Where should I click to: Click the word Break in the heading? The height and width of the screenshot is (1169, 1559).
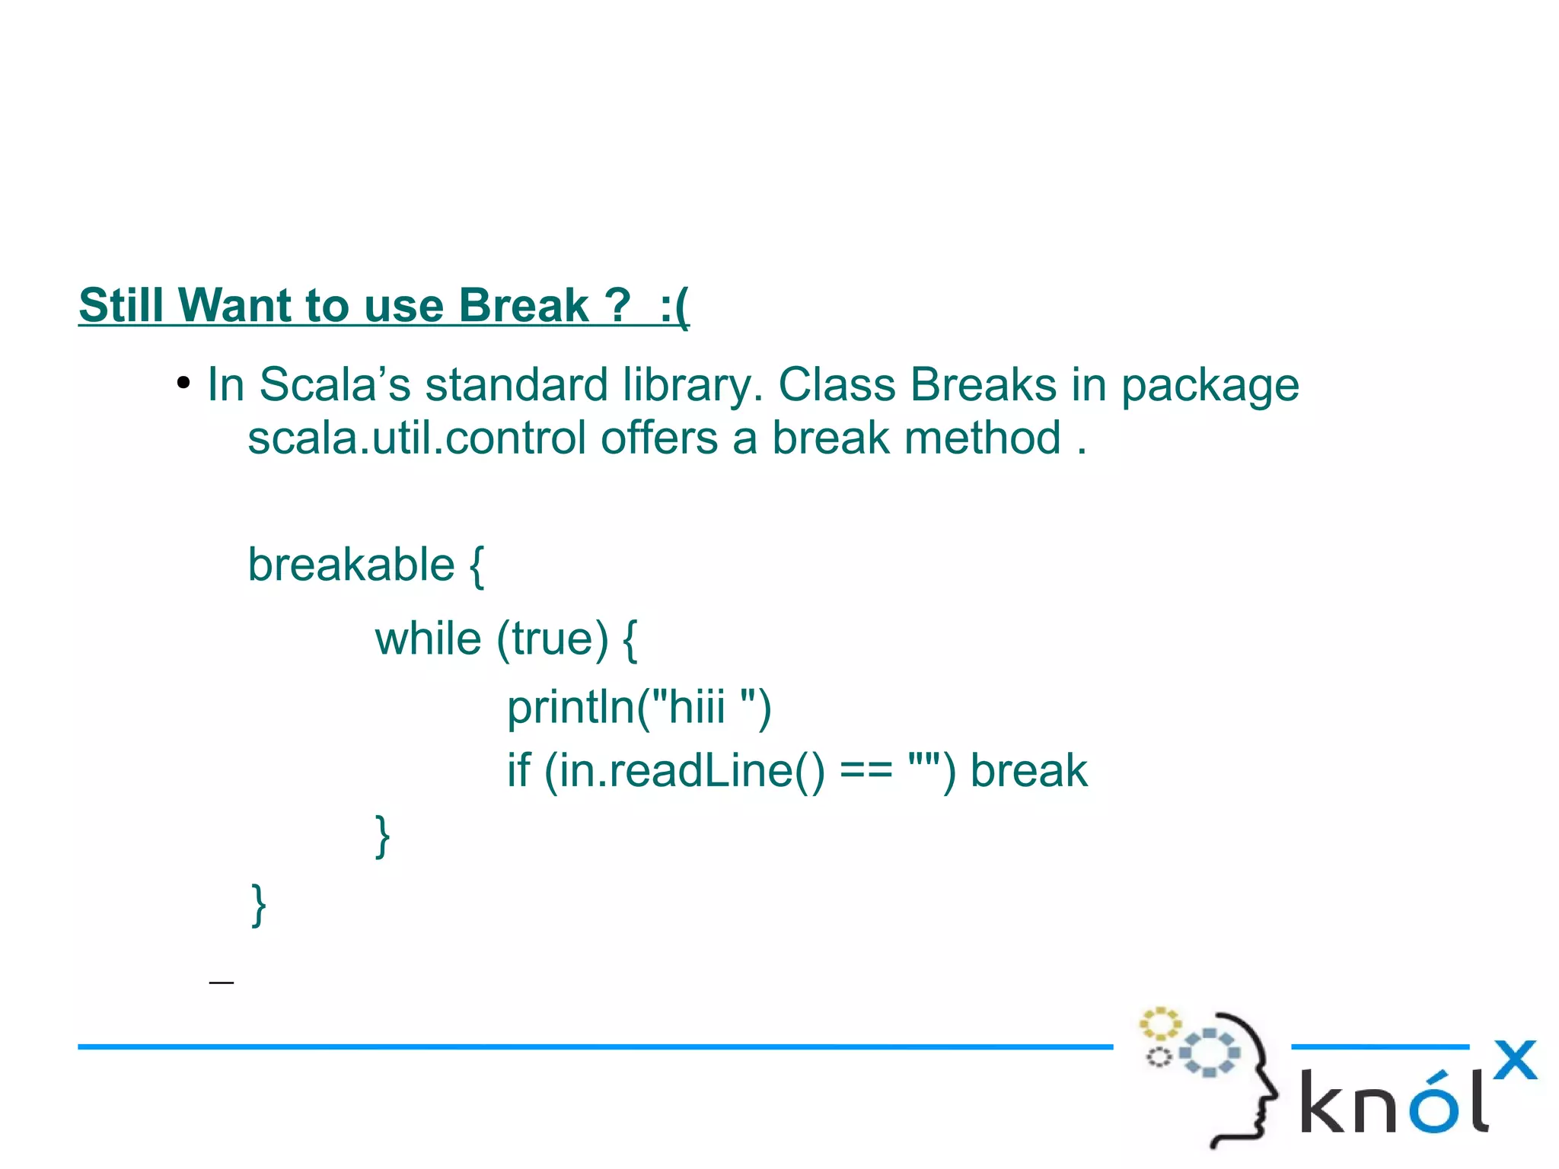point(524,306)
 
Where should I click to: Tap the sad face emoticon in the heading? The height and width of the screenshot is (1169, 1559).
point(674,306)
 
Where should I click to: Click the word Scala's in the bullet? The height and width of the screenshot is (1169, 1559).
point(334,384)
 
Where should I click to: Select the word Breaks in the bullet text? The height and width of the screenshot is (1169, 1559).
point(984,384)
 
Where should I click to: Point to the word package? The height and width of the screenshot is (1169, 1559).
point(1210,386)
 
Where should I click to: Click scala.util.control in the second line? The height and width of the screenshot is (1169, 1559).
point(416,438)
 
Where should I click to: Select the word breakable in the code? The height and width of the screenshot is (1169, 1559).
point(351,565)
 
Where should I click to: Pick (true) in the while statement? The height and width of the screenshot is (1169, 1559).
point(553,639)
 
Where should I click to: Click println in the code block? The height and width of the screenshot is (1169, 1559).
point(571,708)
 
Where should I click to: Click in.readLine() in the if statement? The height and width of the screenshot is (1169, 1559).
point(684,771)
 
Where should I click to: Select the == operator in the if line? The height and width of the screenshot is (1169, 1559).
point(866,772)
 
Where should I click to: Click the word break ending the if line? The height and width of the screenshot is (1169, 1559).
point(1028,771)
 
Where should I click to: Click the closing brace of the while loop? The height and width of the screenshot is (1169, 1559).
point(383,836)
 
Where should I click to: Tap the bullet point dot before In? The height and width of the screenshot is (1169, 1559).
point(183,383)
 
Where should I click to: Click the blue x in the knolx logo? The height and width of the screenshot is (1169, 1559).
point(1514,1060)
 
